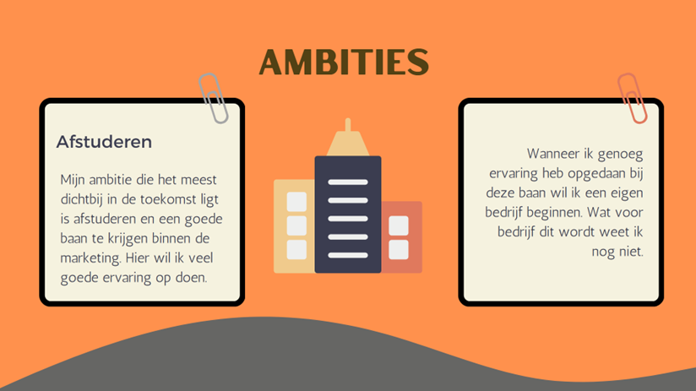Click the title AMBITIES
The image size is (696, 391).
point(344,62)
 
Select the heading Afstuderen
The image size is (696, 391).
point(104,142)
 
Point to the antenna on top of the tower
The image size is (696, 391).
point(348,125)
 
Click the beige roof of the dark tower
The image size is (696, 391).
point(348,144)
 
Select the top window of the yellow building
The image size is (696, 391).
point(296,202)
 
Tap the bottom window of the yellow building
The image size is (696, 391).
point(296,249)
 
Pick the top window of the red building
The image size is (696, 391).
point(399,225)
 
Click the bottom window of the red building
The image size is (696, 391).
point(399,249)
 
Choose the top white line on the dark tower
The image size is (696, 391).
point(348,182)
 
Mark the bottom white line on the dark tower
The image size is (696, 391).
point(348,255)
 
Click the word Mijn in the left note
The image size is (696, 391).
point(73,180)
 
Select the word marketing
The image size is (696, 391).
point(90,258)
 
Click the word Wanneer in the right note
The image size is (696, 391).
point(553,154)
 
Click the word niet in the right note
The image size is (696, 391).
point(631,252)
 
